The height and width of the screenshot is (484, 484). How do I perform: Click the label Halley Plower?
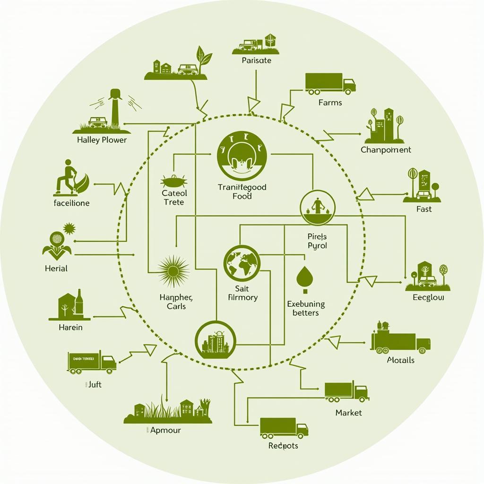click(102, 140)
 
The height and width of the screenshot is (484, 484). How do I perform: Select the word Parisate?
click(257, 60)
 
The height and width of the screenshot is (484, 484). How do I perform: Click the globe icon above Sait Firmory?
click(242, 263)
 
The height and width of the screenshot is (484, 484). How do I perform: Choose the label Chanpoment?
click(386, 150)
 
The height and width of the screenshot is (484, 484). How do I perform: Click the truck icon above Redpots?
click(284, 427)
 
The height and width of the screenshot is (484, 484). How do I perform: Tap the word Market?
click(348, 413)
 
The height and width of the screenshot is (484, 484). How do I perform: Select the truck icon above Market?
click(346, 391)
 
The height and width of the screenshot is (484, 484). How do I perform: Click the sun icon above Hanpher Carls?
click(173, 271)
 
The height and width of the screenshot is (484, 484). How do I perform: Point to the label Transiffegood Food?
click(242, 191)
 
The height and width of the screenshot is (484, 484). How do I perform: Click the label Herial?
click(56, 268)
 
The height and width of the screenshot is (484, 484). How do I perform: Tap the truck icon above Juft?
click(92, 363)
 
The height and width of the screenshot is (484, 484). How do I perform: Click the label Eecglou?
click(428, 298)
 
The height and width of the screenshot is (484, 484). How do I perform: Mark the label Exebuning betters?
click(306, 308)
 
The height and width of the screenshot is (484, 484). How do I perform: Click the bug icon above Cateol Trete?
click(172, 181)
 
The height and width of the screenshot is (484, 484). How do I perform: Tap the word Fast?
click(424, 209)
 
